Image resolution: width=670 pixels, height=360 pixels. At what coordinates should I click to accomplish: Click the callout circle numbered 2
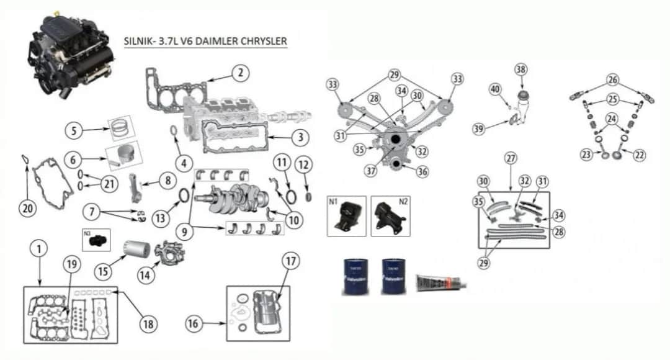pos(239,73)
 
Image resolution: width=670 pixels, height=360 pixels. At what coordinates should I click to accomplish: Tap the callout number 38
pos(520,70)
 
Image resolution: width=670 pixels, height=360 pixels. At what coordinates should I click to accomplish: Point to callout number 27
pos(511,159)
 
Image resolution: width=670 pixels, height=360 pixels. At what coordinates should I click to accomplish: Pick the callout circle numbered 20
pos(27,209)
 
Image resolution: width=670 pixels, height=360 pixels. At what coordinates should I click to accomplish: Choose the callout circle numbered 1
pos(38,249)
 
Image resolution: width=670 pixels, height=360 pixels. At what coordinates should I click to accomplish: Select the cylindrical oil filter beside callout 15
pos(135,250)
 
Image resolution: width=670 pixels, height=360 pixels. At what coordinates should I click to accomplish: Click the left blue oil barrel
pos(353,276)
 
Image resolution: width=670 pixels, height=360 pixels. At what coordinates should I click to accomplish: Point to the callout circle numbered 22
pos(639,155)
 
